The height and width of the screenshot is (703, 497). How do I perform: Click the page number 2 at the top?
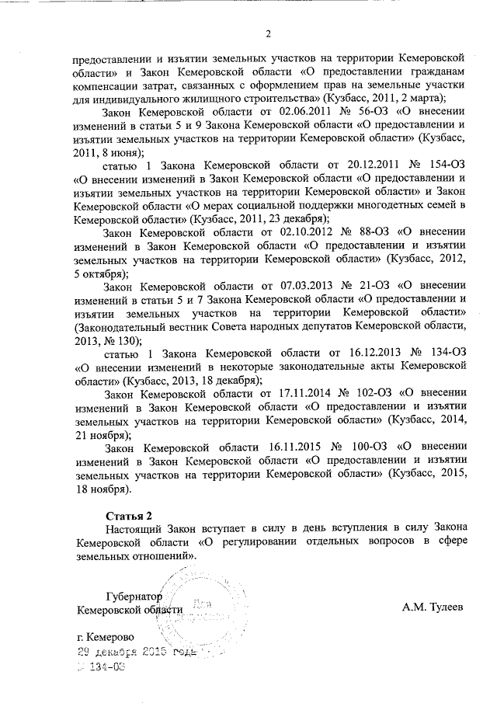coord(268,33)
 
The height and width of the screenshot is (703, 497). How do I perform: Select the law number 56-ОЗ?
coord(367,112)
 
